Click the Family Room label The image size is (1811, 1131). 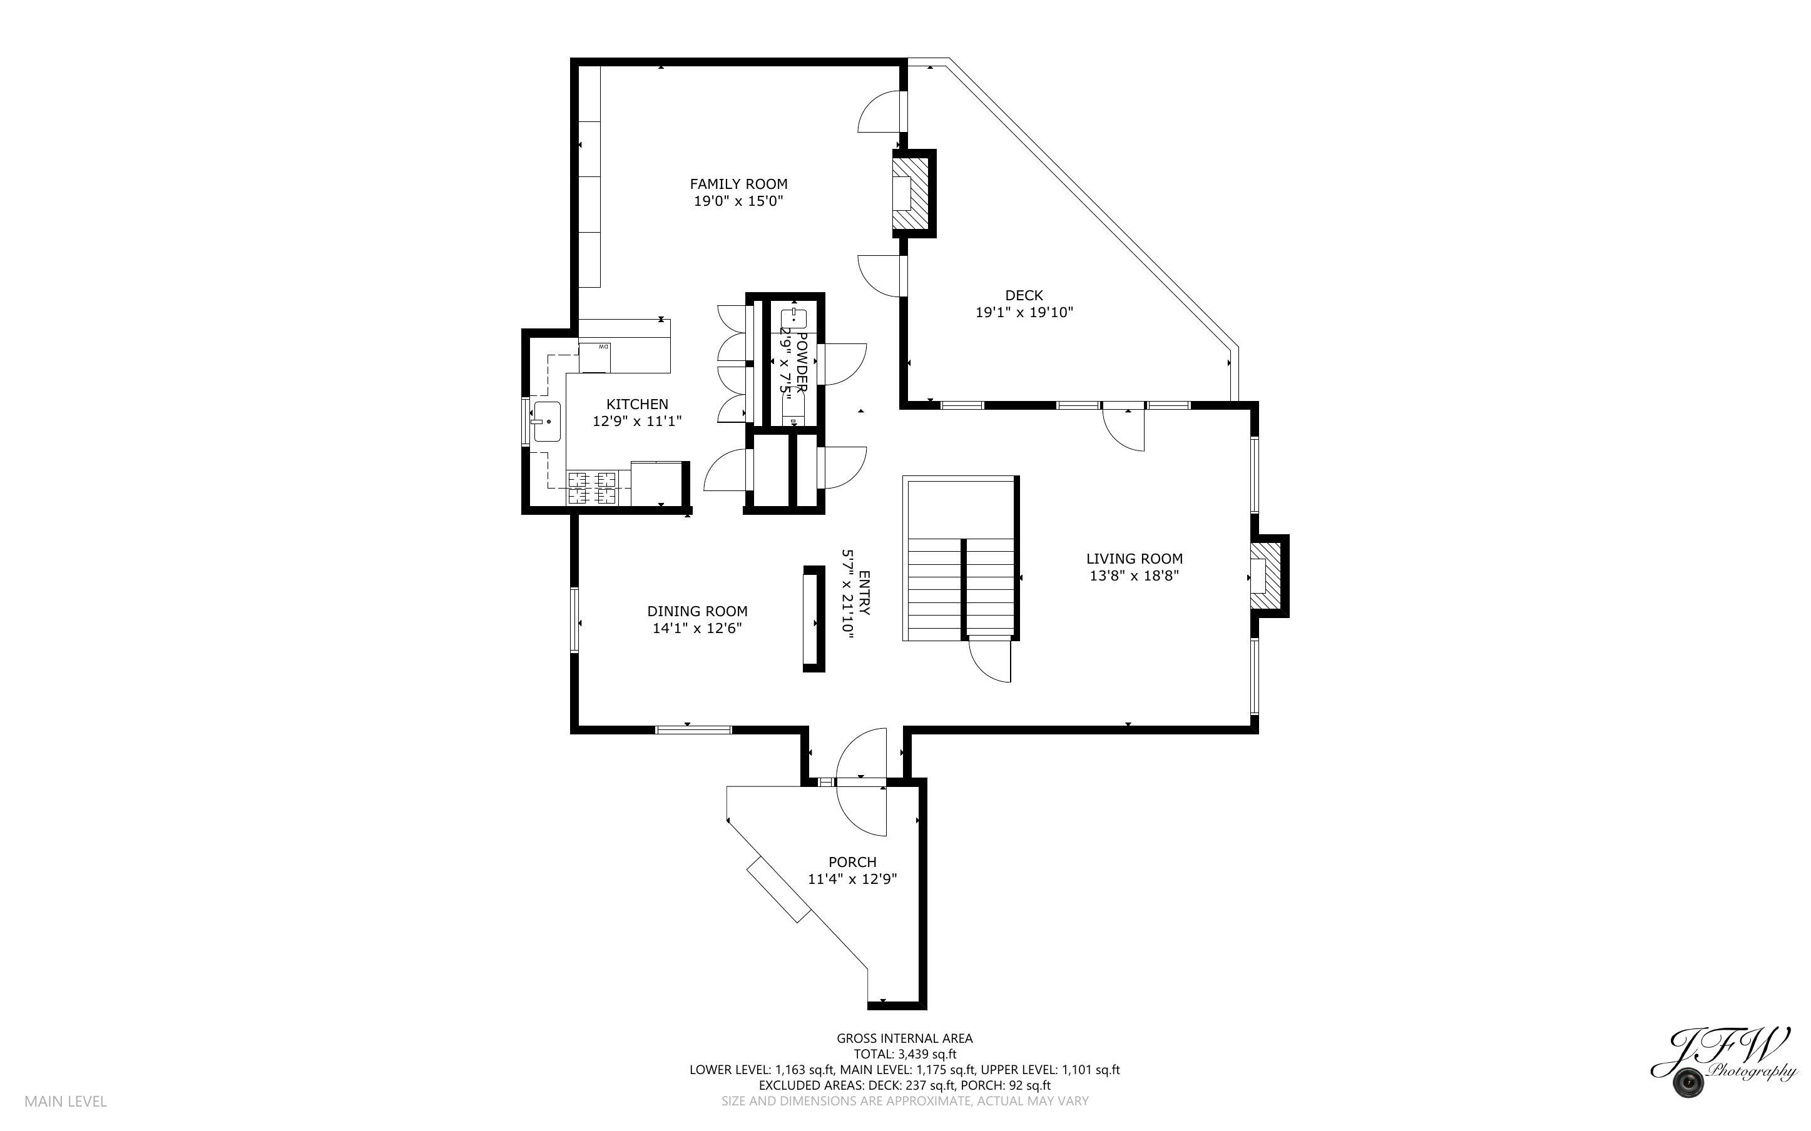click(x=738, y=184)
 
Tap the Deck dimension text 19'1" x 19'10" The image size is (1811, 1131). click(x=1023, y=313)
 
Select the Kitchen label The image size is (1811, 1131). click(x=636, y=405)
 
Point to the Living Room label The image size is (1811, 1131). click(x=1134, y=559)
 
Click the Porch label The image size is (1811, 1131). click(x=852, y=863)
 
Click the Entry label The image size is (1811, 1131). click(x=864, y=592)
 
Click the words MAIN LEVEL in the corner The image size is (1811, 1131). click(x=66, y=1101)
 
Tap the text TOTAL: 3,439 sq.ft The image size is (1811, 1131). click(x=904, y=1055)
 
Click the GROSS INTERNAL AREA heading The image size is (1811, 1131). click(x=904, y=1038)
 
